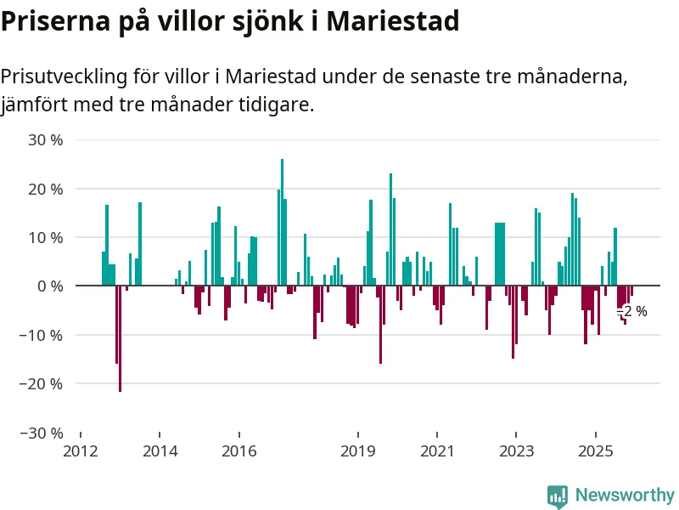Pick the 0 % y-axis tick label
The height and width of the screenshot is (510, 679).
coord(50,286)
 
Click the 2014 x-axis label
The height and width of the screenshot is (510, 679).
coord(160,450)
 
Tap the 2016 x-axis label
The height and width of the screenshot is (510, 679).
coord(238,450)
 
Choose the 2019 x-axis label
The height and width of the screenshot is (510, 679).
coord(357,450)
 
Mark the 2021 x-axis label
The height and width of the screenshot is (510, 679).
coord(436,450)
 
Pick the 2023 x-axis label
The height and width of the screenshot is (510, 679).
coord(515,450)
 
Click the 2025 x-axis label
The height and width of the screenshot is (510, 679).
coord(594,450)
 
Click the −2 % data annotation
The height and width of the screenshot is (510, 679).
coord(633,312)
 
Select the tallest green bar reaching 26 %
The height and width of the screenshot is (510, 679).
coord(283,221)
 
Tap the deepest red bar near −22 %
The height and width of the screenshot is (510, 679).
coord(121,340)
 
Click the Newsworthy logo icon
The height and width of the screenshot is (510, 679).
coord(558,496)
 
